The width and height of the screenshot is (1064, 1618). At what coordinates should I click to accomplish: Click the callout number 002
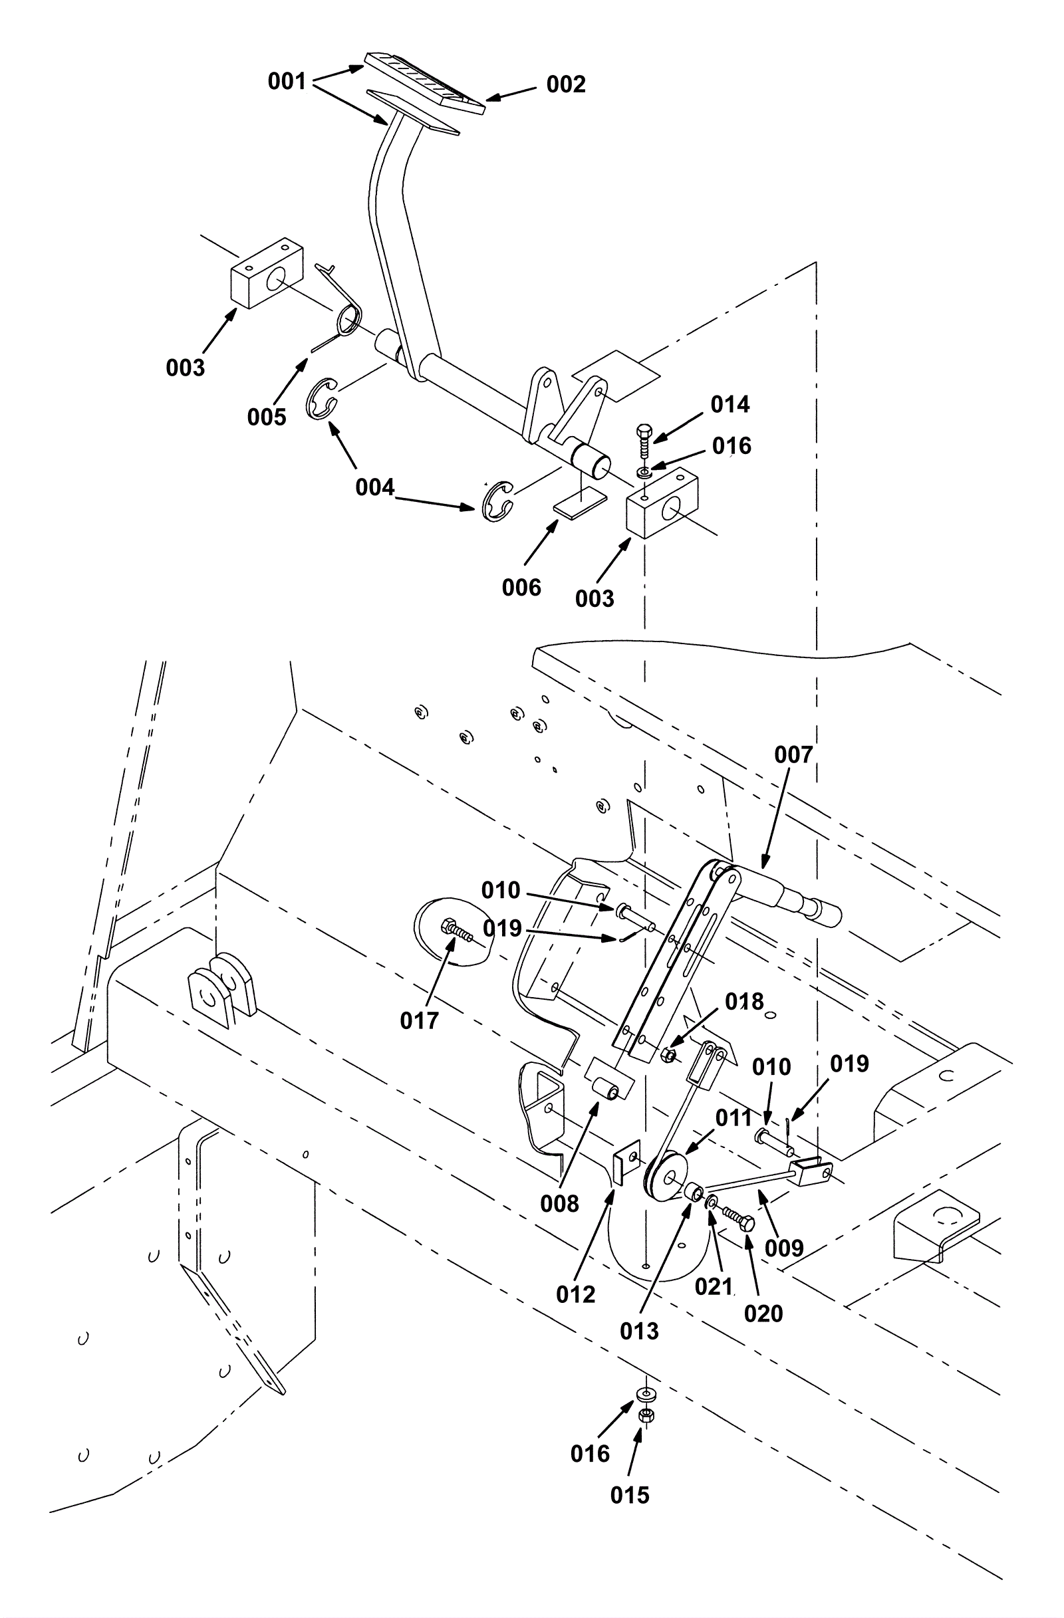[566, 84]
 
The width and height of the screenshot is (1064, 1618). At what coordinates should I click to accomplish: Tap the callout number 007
[793, 754]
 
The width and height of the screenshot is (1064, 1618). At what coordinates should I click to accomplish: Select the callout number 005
[267, 417]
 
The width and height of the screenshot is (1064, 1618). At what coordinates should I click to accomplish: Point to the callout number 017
[419, 1020]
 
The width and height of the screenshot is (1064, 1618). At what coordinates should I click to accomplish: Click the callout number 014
[730, 404]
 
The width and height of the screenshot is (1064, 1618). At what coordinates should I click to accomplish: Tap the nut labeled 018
[668, 1055]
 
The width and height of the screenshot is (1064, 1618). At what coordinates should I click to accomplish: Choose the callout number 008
[559, 1203]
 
